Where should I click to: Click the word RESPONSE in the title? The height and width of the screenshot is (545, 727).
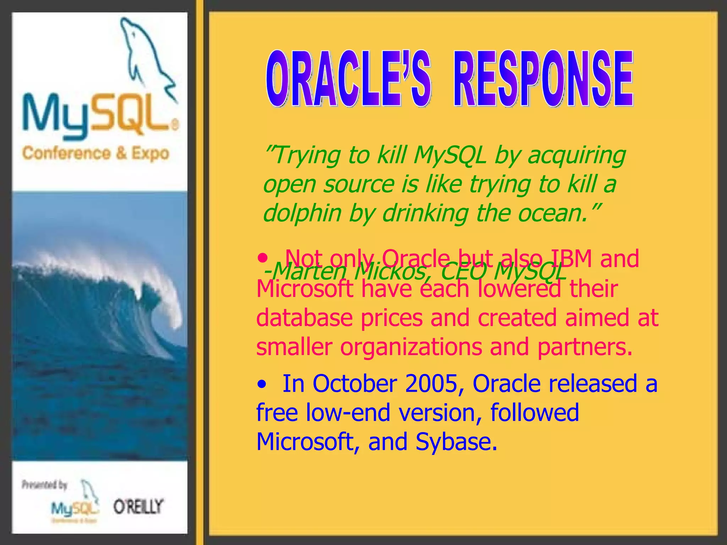click(x=543, y=79)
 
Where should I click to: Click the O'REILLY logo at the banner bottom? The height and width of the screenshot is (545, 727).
click(x=138, y=506)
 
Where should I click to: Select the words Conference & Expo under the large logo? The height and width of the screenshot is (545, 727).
click(x=95, y=153)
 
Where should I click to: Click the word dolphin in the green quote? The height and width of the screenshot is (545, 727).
click(x=302, y=214)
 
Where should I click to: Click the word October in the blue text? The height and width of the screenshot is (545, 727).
click(x=355, y=384)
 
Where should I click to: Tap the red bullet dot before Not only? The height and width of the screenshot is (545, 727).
click(x=262, y=258)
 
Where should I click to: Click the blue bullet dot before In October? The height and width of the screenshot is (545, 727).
click(x=262, y=385)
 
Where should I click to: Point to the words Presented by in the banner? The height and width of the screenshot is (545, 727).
click(x=44, y=485)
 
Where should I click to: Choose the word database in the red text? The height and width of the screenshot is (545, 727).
click(x=304, y=318)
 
